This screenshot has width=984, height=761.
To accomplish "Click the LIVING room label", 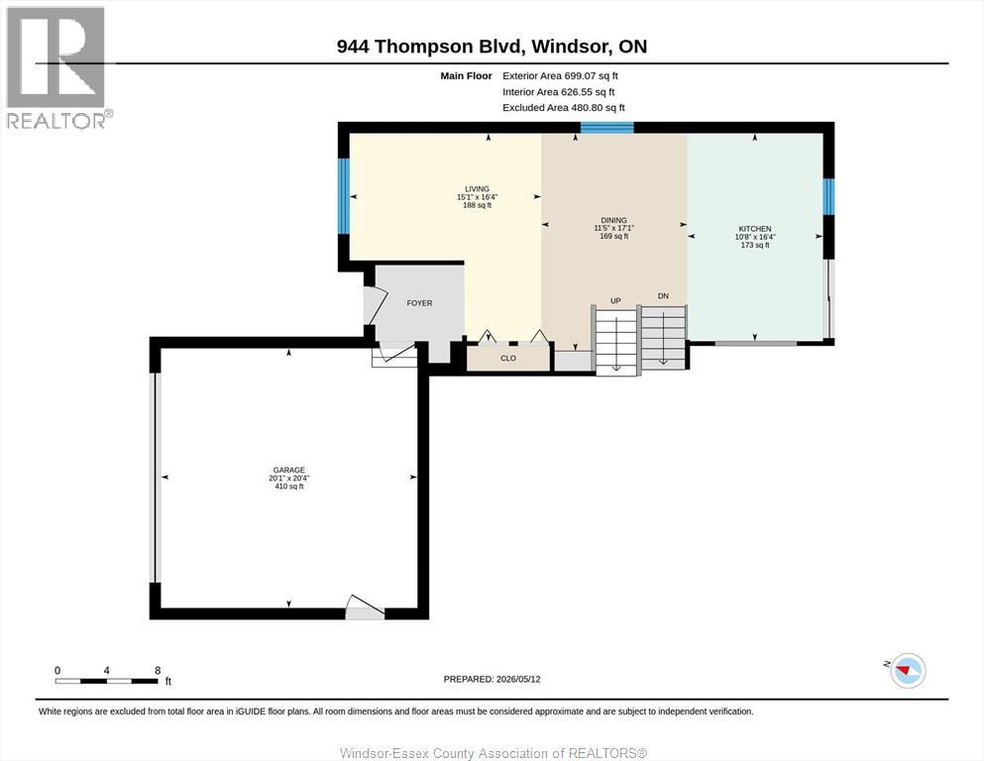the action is pyautogui.click(x=477, y=189).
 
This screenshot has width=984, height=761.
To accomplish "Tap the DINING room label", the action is pyautogui.click(x=613, y=220).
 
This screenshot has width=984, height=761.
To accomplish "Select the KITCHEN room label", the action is pyautogui.click(x=755, y=229).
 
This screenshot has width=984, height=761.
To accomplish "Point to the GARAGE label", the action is pyautogui.click(x=288, y=470).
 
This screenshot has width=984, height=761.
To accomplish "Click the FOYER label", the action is pyautogui.click(x=419, y=303).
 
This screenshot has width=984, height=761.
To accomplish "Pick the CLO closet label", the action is pyautogui.click(x=508, y=359).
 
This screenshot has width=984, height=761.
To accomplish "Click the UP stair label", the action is pyautogui.click(x=615, y=301).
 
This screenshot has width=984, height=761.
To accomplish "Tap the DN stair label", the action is pyautogui.click(x=663, y=296).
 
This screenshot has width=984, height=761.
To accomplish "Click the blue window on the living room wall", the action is pyautogui.click(x=343, y=196).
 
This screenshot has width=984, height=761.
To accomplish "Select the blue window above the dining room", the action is pyautogui.click(x=606, y=128).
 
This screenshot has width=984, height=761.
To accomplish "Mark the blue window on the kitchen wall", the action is pyautogui.click(x=829, y=196).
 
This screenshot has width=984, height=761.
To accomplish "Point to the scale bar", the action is pyautogui.click(x=107, y=681).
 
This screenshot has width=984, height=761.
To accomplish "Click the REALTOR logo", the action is pyautogui.click(x=57, y=67).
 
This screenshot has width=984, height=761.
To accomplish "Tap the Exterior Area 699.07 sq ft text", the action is pyautogui.click(x=561, y=76).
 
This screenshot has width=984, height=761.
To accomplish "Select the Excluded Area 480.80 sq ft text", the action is pyautogui.click(x=564, y=108).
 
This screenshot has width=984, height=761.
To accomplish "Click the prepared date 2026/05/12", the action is pyautogui.click(x=518, y=679).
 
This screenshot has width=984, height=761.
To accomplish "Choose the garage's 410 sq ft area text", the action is pyautogui.click(x=288, y=487).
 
